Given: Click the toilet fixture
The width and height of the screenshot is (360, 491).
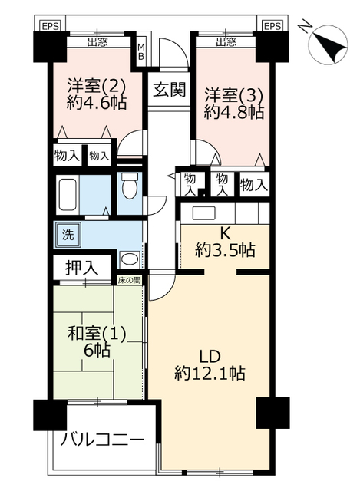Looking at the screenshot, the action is [x=129, y=186].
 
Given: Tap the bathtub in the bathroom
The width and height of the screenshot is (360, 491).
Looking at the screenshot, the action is [x=68, y=194].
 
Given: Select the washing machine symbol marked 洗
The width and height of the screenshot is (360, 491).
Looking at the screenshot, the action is [x=68, y=235].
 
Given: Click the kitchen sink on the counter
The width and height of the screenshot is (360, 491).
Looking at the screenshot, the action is [x=203, y=213].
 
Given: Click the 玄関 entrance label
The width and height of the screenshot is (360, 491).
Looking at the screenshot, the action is [x=169, y=89].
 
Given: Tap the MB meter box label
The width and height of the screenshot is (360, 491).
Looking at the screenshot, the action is [x=141, y=51].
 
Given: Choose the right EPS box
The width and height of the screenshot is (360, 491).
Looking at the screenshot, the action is [x=272, y=26].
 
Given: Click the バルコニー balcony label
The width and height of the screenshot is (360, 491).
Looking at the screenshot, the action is [x=102, y=440].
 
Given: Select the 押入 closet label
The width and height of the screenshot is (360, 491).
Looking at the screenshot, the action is [x=81, y=268].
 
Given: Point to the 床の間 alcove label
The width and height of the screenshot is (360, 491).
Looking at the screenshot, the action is [x=129, y=280].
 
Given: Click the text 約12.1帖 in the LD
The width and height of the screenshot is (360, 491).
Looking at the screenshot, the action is [x=210, y=373].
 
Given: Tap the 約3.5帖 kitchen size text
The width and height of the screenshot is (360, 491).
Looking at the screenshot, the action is [x=225, y=250].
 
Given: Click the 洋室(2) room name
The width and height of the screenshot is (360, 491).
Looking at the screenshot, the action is [x=97, y=86].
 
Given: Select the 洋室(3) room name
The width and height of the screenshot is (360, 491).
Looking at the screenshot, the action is [x=233, y=95].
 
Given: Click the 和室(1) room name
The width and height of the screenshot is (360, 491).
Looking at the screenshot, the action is [x=97, y=334].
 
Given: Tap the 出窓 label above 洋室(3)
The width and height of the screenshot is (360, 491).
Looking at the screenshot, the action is [x=226, y=41].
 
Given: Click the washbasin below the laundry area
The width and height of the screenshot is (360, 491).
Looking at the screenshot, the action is [x=130, y=259].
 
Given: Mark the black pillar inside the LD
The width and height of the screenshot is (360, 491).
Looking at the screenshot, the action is [x=272, y=413].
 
